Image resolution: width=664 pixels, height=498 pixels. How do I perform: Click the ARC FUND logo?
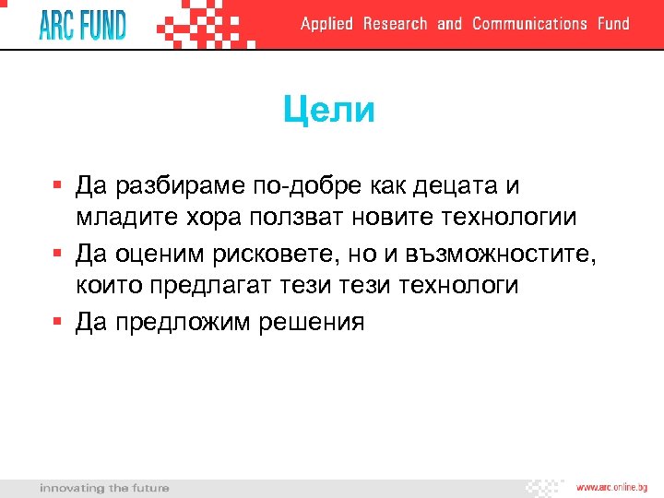(82, 24)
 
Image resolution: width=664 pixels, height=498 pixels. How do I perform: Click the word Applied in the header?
(326, 24)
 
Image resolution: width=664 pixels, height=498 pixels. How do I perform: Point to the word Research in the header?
(395, 24)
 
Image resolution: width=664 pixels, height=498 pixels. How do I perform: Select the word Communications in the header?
(529, 24)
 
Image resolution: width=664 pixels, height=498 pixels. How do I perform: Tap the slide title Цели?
(329, 111)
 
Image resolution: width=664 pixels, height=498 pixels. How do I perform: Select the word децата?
(445, 186)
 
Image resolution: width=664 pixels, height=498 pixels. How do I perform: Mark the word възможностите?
(497, 253)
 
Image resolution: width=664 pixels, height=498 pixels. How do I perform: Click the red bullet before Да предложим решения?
(57, 321)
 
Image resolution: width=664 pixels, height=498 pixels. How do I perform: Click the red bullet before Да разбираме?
(57, 185)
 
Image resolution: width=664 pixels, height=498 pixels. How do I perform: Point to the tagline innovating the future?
(104, 488)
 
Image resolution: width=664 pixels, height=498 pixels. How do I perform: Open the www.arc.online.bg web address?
(611, 487)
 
